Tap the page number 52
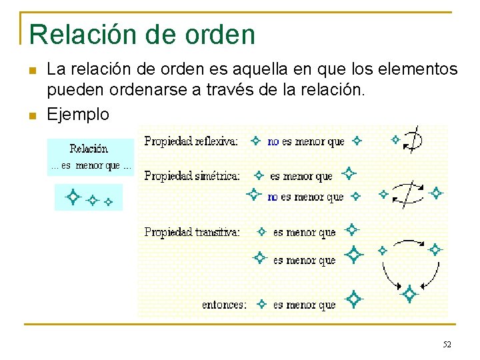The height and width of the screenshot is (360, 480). (x=447, y=345)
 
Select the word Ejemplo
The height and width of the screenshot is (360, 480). (x=78, y=114)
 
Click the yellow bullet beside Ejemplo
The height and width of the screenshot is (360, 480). (x=32, y=115)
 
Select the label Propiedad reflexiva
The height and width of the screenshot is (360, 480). (x=191, y=141)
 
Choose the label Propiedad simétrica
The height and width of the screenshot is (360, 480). (x=192, y=176)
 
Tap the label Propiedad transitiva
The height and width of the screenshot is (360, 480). (x=192, y=232)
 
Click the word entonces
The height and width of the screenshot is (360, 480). (x=224, y=305)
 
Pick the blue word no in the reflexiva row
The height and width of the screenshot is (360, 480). (x=273, y=141)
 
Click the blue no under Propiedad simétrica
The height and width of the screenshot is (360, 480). (x=273, y=197)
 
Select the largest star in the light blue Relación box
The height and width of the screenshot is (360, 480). (x=72, y=197)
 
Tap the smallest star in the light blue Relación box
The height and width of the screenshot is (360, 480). (x=109, y=200)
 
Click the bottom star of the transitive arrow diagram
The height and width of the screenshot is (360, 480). (x=409, y=293)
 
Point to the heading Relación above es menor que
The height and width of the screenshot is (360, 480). (x=89, y=149)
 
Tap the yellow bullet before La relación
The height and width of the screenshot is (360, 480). (x=32, y=70)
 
